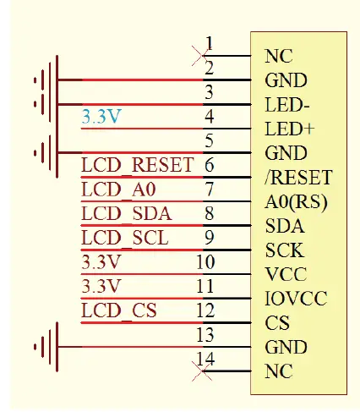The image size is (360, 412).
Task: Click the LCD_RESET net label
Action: pyautogui.click(x=138, y=164)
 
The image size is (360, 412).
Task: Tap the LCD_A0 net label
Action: pyautogui.click(x=116, y=189)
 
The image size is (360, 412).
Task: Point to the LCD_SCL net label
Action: pyautogui.click(x=124, y=237)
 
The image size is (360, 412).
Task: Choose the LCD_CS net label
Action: pyautogui.click(x=119, y=310)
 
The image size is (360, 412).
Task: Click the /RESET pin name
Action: pyautogui.click(x=297, y=179)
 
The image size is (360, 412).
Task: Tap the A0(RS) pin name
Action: pyautogui.click(x=296, y=203)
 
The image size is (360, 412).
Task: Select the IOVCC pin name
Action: pyautogui.click(x=296, y=299)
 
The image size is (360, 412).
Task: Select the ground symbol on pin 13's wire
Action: pyautogui.click(x=44, y=346)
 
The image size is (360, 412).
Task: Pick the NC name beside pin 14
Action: pyautogui.click(x=278, y=371)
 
